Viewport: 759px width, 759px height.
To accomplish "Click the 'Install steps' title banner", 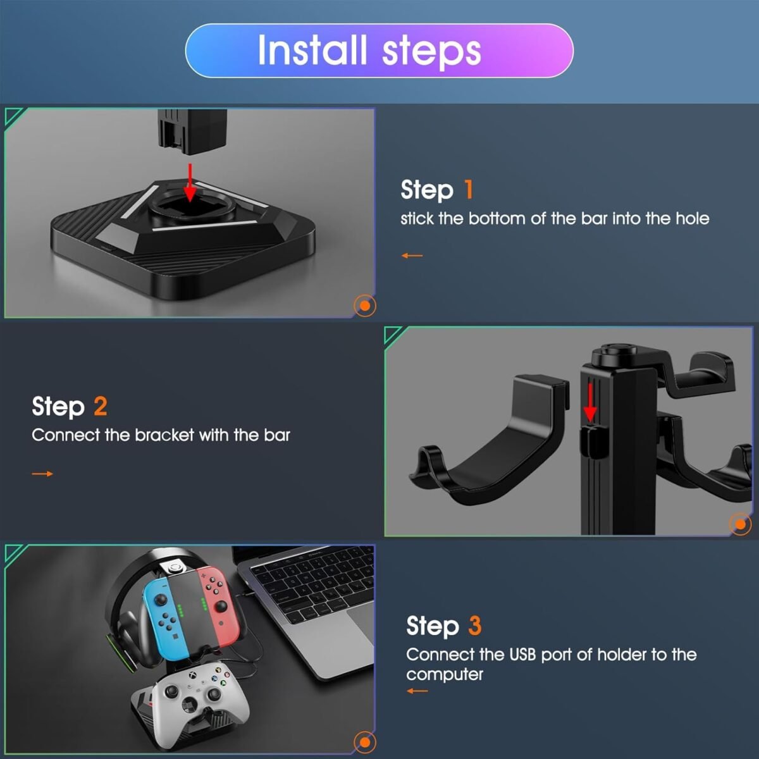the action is click(379, 51).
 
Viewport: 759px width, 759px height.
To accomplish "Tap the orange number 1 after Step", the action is click(468, 190).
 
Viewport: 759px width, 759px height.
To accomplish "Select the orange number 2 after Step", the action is click(101, 406).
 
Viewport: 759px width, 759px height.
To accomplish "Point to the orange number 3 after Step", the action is click(474, 626).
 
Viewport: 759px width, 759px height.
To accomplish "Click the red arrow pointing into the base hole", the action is click(190, 183).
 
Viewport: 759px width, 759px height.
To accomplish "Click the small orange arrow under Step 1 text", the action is click(412, 256).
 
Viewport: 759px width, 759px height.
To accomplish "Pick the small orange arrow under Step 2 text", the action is click(42, 474).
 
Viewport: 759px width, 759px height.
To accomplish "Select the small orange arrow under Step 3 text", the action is click(417, 691).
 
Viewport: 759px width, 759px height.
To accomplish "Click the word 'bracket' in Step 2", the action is click(164, 435).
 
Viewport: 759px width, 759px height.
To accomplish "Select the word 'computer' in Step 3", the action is click(445, 675).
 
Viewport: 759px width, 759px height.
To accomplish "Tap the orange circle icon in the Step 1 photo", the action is click(365, 305).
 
